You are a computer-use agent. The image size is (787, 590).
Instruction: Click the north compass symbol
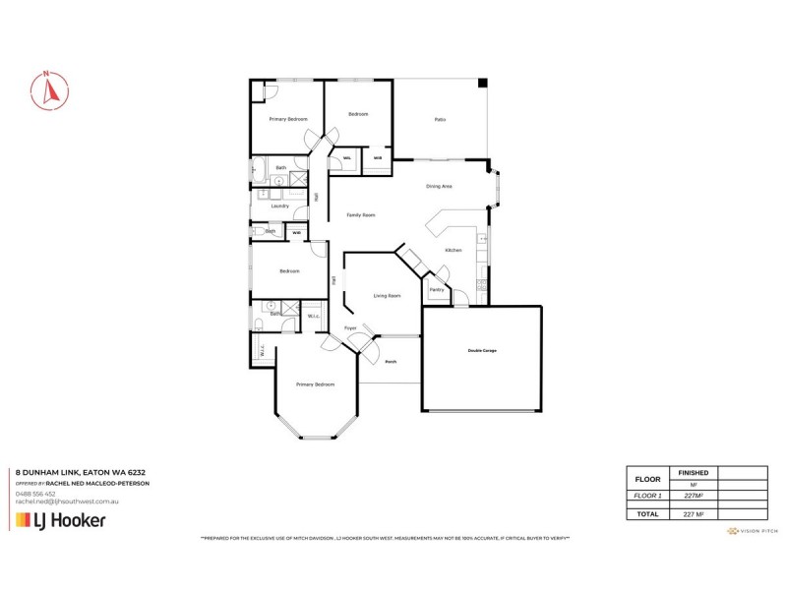click(x=48, y=90)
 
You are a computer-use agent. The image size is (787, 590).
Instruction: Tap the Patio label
click(x=440, y=120)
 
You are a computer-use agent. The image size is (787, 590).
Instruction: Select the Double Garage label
click(x=482, y=351)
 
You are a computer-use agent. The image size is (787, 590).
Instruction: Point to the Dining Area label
click(x=439, y=186)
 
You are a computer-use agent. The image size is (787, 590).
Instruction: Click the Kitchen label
click(x=453, y=251)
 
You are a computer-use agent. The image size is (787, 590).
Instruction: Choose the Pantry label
click(x=437, y=290)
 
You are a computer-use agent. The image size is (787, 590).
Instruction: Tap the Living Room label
click(x=387, y=295)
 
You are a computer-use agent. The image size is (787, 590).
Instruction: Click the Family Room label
click(x=361, y=215)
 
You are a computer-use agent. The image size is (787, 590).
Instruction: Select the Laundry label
click(x=279, y=206)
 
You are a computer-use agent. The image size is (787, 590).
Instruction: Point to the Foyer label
click(x=349, y=328)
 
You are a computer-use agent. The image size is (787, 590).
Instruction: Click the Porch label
click(x=390, y=362)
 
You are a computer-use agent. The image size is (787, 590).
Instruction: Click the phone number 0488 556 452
click(x=34, y=495)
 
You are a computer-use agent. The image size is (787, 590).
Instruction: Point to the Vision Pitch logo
click(x=752, y=531)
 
